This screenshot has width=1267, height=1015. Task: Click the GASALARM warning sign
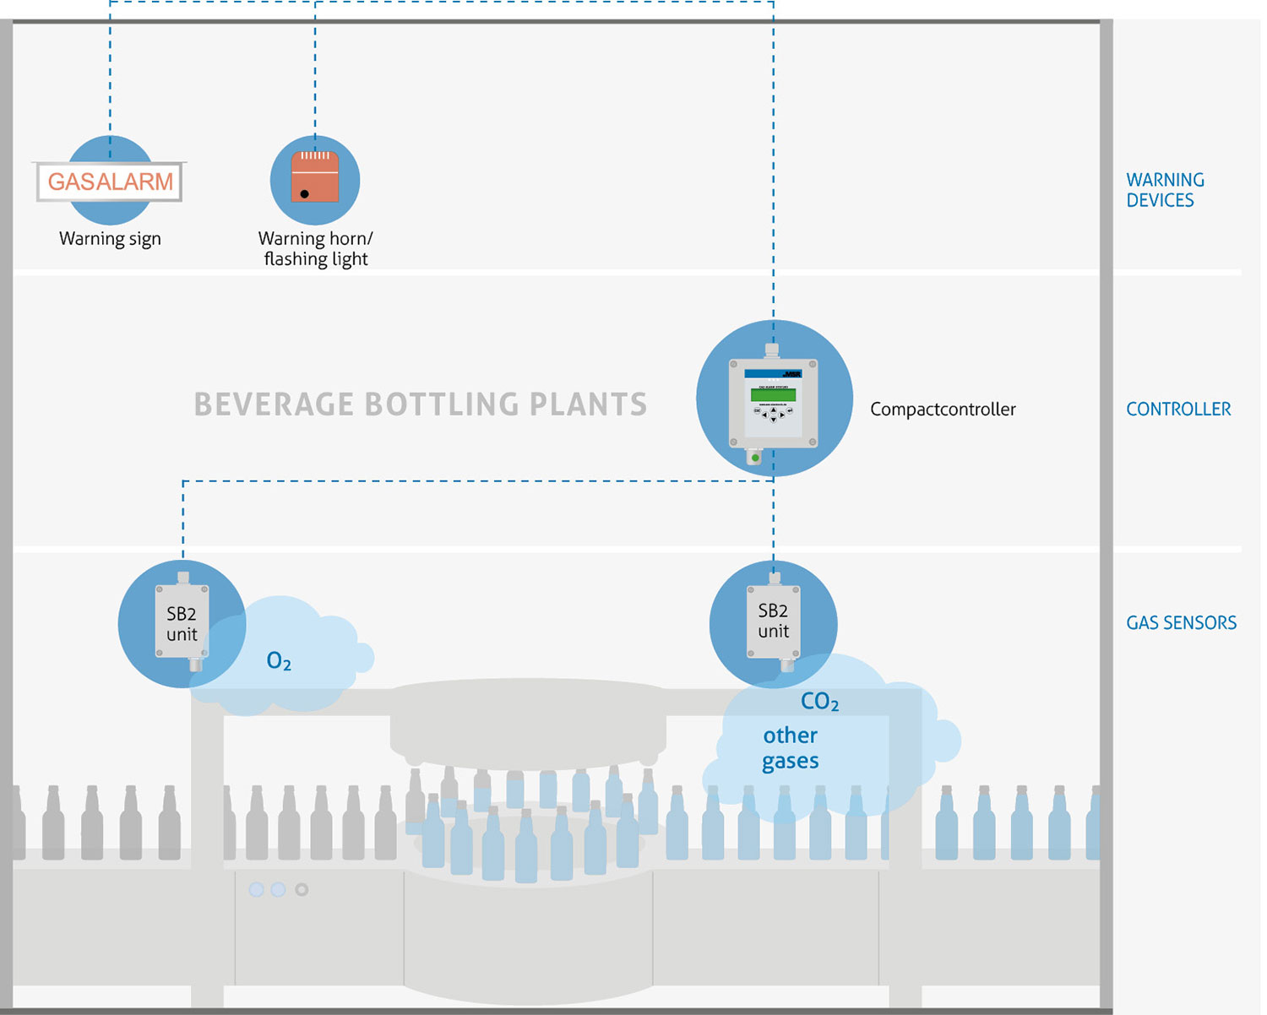click(x=110, y=182)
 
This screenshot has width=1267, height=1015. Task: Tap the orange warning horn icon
click(x=315, y=176)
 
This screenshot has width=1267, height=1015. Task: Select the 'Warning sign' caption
click(x=110, y=239)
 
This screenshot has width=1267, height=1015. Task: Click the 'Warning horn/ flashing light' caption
click(x=315, y=249)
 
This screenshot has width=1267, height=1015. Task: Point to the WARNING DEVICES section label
click(x=1165, y=190)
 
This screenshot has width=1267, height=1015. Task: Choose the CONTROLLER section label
click(x=1178, y=410)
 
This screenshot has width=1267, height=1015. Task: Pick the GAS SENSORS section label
click(x=1181, y=623)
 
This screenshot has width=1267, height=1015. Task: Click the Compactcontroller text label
click(x=943, y=410)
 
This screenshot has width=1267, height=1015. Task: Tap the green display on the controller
click(x=773, y=394)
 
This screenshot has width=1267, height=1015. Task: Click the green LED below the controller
click(x=755, y=458)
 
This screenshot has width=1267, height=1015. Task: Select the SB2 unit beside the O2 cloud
click(x=182, y=623)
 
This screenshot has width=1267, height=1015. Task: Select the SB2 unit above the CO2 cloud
click(x=773, y=621)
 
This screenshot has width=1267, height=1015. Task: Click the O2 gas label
click(x=279, y=661)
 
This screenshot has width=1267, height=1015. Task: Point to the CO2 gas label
click(x=819, y=702)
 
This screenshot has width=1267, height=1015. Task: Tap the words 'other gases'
click(x=791, y=748)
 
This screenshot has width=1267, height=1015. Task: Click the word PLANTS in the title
click(x=588, y=404)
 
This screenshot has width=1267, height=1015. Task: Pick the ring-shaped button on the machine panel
click(x=302, y=889)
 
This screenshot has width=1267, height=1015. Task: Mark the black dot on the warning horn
click(x=304, y=194)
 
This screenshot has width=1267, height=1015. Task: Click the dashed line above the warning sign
click(x=110, y=76)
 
